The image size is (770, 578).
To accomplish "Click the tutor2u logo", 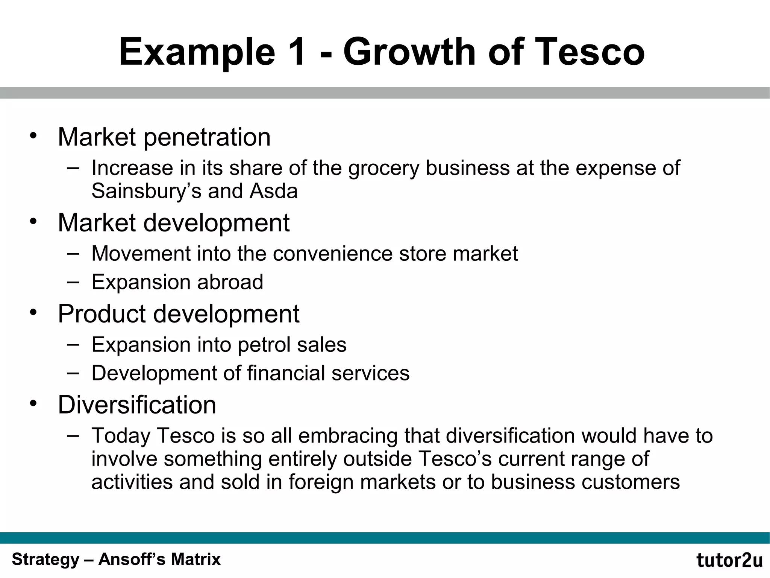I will pos(729,560).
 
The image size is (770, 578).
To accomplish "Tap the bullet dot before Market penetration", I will pos(34,135).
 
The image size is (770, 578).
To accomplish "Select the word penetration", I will pos(207,137).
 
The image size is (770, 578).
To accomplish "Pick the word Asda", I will pos(273,191).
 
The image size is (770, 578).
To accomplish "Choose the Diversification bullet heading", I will pos(137,405).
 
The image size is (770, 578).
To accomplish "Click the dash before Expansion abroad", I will pos(73,281).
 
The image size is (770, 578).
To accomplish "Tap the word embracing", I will pos(348,436).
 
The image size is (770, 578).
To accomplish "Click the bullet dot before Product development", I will pos(34,312).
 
